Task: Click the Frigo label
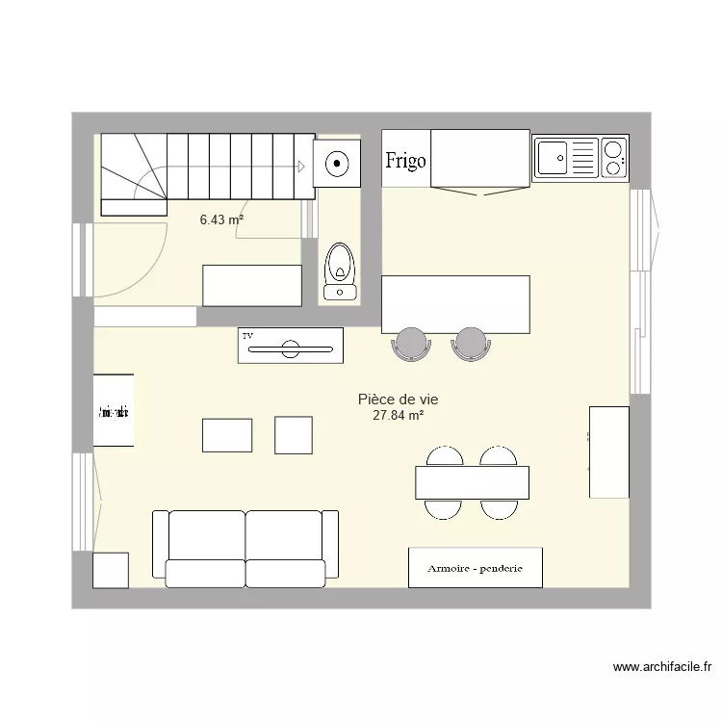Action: pyautogui.click(x=405, y=161)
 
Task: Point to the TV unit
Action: pyautogui.click(x=291, y=346)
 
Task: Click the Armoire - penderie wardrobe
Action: pyautogui.click(x=475, y=568)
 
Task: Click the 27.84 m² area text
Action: pyautogui.click(x=398, y=416)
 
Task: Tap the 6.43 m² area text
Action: pyautogui.click(x=220, y=219)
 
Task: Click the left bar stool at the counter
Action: pyautogui.click(x=411, y=343)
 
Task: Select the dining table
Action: pyautogui.click(x=473, y=481)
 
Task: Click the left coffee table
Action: pyautogui.click(x=227, y=435)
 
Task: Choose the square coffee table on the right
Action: pyautogui.click(x=294, y=435)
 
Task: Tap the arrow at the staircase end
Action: pyautogui.click(x=301, y=167)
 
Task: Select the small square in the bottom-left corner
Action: pyautogui.click(x=111, y=570)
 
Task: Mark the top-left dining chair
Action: pyautogui.click(x=444, y=456)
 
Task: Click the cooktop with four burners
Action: pyautogui.click(x=612, y=158)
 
